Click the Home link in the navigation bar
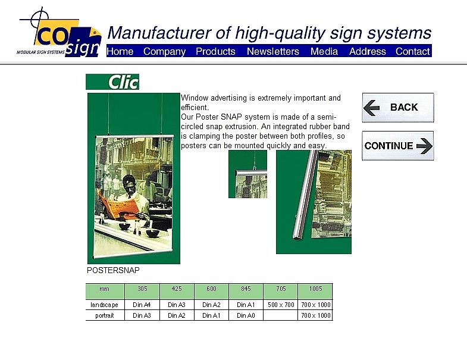(x=120, y=51)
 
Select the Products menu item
(x=215, y=51)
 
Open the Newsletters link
(x=273, y=51)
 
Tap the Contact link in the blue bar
(x=412, y=51)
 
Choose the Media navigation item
(x=324, y=51)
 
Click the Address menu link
(x=367, y=51)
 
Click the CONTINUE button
(x=398, y=146)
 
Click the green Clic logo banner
(x=112, y=82)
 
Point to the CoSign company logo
(x=59, y=33)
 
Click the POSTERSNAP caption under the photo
(x=113, y=270)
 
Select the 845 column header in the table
(x=246, y=289)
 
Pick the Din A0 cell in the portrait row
(x=246, y=315)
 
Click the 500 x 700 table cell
(x=281, y=305)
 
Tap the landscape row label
(x=104, y=305)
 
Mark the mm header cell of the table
(x=104, y=289)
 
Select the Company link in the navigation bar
(x=164, y=52)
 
